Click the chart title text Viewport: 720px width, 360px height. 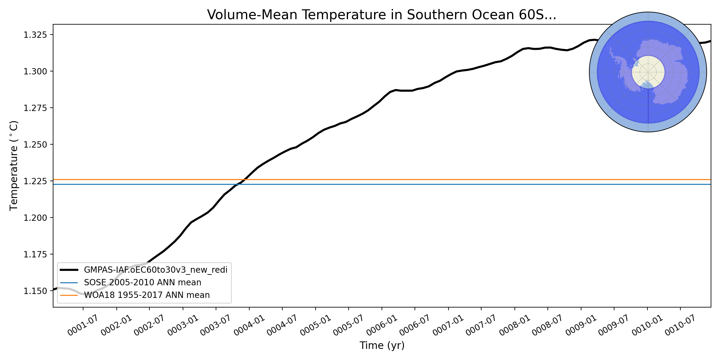(382, 15)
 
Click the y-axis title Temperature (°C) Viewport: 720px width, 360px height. (14, 166)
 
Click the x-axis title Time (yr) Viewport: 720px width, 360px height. (382, 346)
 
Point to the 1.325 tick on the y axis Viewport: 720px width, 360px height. (35, 35)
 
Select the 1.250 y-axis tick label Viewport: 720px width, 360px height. (35, 145)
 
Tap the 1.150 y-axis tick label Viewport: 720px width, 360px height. (35, 291)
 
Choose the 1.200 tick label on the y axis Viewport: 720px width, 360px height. (35, 218)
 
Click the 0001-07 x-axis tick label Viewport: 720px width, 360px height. (82, 326)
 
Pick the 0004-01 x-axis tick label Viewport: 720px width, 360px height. (249, 326)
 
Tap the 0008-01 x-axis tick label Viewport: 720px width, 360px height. (514, 326)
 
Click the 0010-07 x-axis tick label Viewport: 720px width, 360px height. (680, 326)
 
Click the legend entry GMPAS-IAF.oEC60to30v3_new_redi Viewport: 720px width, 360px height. (155, 270)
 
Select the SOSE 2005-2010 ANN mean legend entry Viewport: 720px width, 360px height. (142, 283)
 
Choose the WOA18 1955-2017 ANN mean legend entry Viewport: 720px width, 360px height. (147, 295)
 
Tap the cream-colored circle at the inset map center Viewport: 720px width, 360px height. (648, 72)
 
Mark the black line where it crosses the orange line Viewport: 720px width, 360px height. (246, 180)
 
